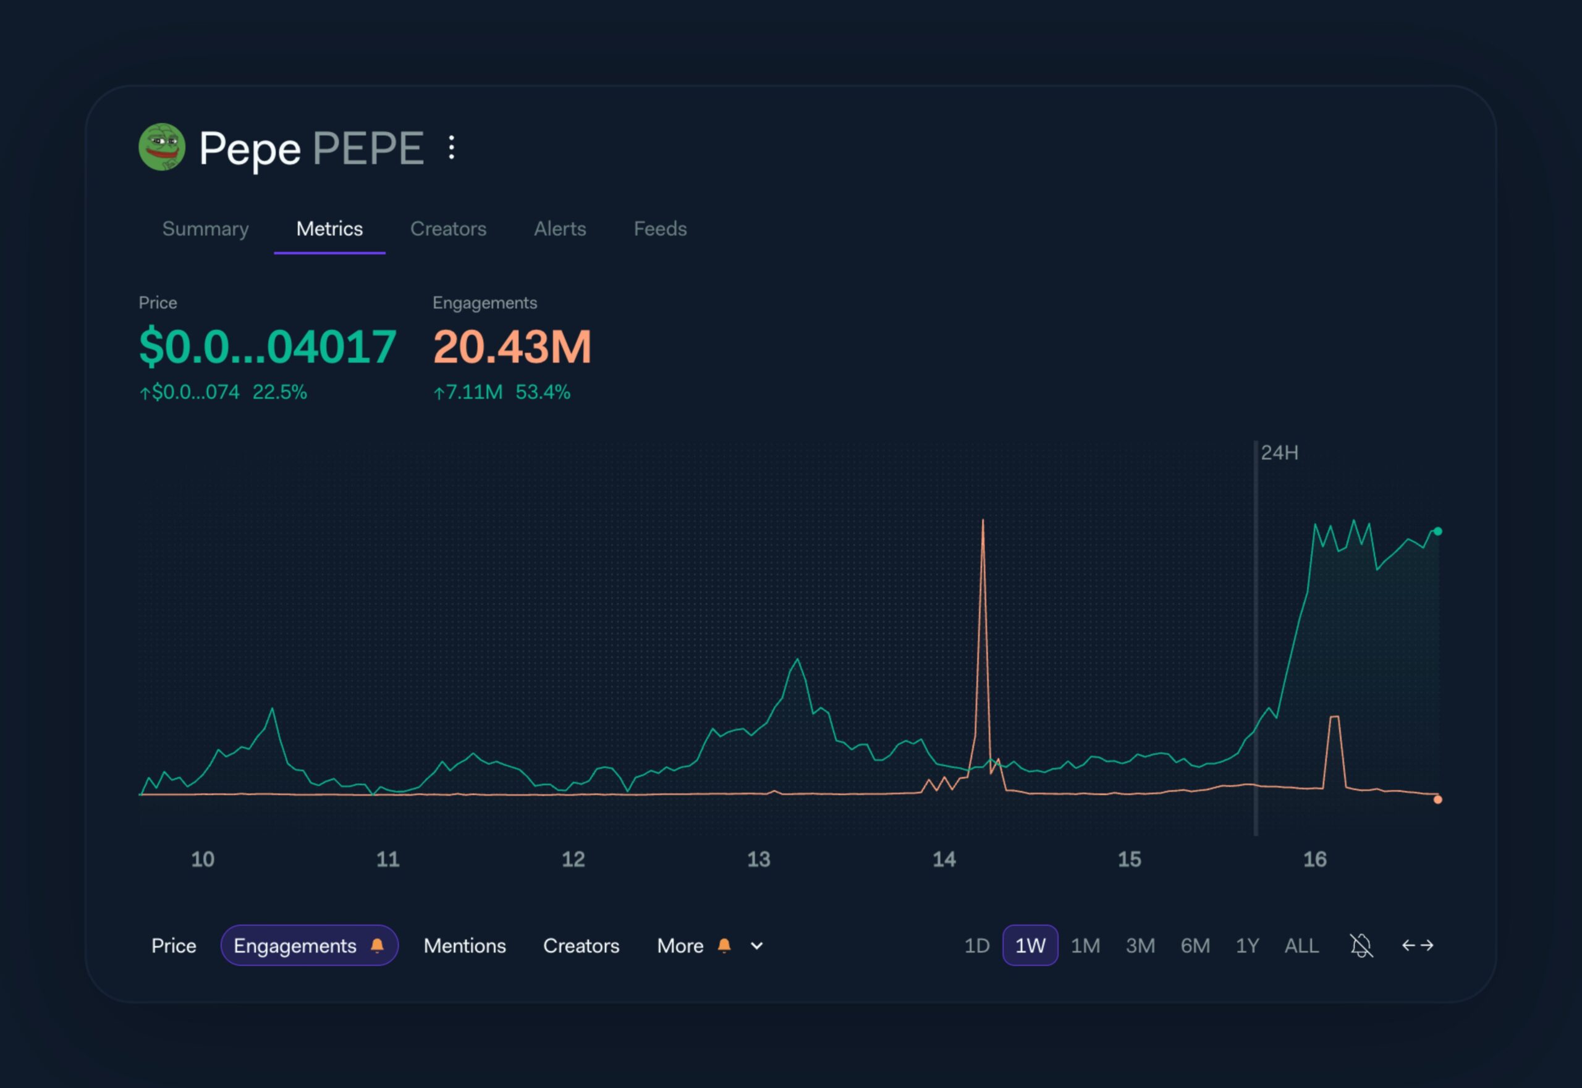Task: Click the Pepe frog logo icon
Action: pos(162,147)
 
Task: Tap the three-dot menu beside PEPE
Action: pos(451,147)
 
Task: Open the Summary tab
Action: pos(205,229)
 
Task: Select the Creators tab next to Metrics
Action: pos(448,229)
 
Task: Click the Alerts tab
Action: pos(560,229)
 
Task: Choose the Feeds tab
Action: pos(660,229)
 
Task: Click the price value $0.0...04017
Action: pos(268,347)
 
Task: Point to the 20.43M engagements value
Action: pos(512,347)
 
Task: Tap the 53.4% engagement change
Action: pos(543,393)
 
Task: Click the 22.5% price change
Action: pos(279,393)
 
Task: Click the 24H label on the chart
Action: pos(1279,453)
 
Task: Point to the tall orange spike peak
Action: pos(983,521)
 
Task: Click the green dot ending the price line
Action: pos(1437,531)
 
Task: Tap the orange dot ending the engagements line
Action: pos(1437,799)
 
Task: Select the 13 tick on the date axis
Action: pos(758,859)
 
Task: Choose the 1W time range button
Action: pos(1030,945)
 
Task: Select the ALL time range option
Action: pos(1301,945)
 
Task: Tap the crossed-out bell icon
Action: pos(1361,945)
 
